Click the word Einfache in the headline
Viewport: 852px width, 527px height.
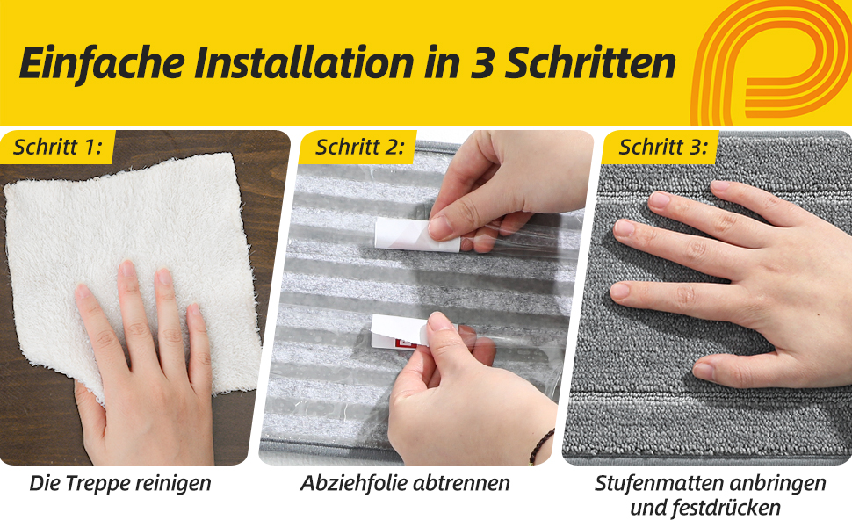(102, 62)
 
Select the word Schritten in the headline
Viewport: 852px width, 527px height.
(590, 62)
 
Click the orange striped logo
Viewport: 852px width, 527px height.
(771, 62)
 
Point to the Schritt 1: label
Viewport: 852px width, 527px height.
(58, 148)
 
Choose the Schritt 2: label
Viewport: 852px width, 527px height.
(360, 148)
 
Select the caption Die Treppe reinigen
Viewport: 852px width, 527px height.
(120, 483)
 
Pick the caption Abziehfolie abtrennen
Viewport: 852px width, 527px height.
(405, 483)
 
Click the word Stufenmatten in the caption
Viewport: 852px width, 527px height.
(660, 483)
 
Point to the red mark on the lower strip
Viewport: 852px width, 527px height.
(405, 343)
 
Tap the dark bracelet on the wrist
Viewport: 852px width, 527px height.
(541, 446)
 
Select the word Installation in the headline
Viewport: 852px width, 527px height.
(304, 62)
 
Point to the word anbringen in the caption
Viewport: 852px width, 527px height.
(778, 483)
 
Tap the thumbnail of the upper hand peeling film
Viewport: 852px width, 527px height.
(439, 227)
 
